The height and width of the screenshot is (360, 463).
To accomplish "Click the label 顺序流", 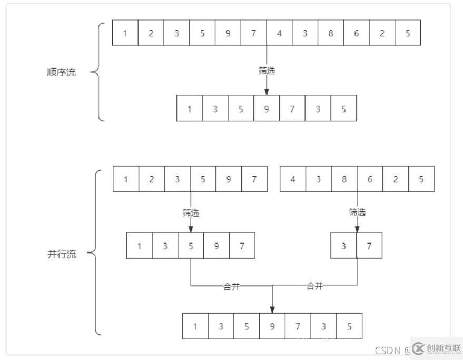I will (61, 72).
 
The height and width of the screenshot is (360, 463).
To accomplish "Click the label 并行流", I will (62, 254).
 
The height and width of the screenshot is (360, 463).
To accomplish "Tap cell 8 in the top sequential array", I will (331, 33).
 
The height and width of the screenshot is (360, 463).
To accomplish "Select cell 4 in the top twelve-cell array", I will (279, 33).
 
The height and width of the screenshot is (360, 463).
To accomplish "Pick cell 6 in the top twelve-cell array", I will (357, 33).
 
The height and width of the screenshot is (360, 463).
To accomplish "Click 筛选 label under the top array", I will (267, 71).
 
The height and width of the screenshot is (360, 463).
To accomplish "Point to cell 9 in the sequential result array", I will (267, 109).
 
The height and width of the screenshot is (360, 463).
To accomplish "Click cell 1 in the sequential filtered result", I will (189, 109).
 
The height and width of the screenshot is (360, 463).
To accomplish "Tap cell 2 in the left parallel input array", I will (152, 179).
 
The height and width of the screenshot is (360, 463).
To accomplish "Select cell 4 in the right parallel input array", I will (293, 179).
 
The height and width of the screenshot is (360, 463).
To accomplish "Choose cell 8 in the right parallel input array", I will (344, 179).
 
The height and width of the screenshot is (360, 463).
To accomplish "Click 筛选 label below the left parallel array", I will (191, 212).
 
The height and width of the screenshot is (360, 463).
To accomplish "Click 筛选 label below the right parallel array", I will (357, 212).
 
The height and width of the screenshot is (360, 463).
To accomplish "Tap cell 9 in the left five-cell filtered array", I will (216, 246).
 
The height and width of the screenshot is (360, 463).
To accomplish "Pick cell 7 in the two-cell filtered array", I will (369, 246).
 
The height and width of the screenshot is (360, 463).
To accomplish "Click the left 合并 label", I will (232, 287).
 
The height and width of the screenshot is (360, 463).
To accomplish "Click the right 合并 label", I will (314, 286).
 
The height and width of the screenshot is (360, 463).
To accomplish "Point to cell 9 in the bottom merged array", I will (272, 326).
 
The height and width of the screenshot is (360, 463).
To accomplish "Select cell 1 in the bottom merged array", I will (195, 326).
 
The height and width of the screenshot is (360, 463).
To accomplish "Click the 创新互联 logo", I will (437, 348).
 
